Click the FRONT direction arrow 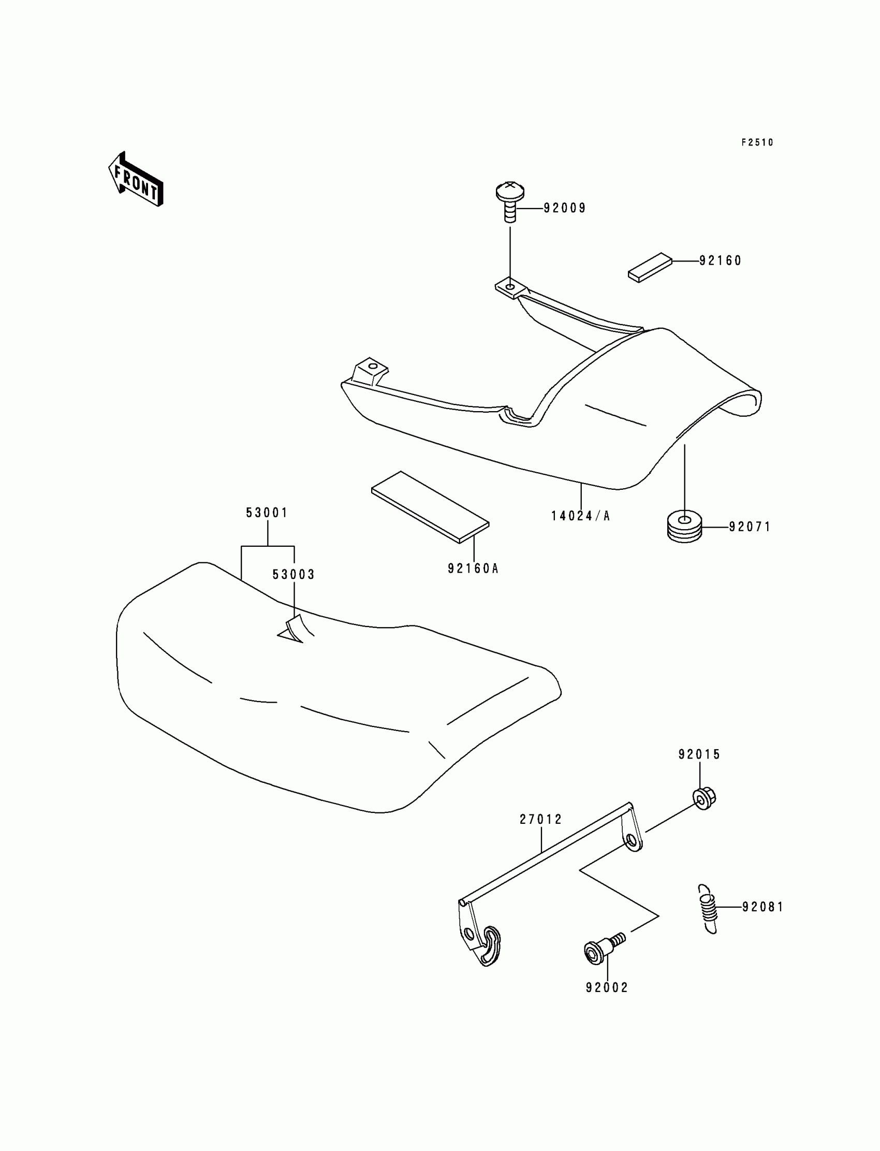point(136,179)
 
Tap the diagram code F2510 point(757,142)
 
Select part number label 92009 point(565,208)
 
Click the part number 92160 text point(720,260)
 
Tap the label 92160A point(473,568)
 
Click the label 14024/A point(580,516)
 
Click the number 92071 point(750,527)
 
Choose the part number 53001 point(267,513)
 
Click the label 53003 point(294,574)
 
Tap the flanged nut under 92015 point(704,798)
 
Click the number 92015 point(699,754)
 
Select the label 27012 point(540,819)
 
